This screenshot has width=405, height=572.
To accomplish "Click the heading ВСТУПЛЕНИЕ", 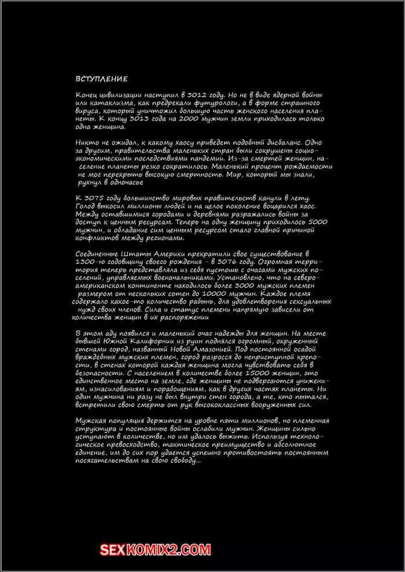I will pyautogui.click(x=101, y=79).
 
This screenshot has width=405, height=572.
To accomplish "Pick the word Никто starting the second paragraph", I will pyautogui.click(x=87, y=142).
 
